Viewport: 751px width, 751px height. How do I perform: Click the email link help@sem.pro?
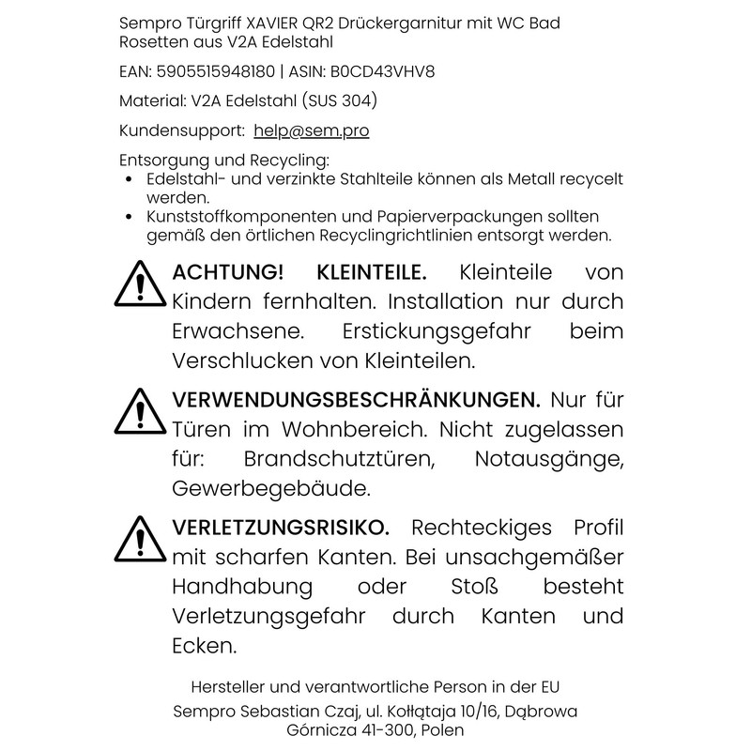[311, 131]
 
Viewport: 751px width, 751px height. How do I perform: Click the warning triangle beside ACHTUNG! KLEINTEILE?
[139, 283]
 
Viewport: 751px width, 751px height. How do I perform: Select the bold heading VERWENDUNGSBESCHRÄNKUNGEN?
[357, 400]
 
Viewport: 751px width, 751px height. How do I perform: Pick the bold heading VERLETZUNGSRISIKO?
[281, 527]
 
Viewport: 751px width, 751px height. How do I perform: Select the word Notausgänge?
[549, 460]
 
